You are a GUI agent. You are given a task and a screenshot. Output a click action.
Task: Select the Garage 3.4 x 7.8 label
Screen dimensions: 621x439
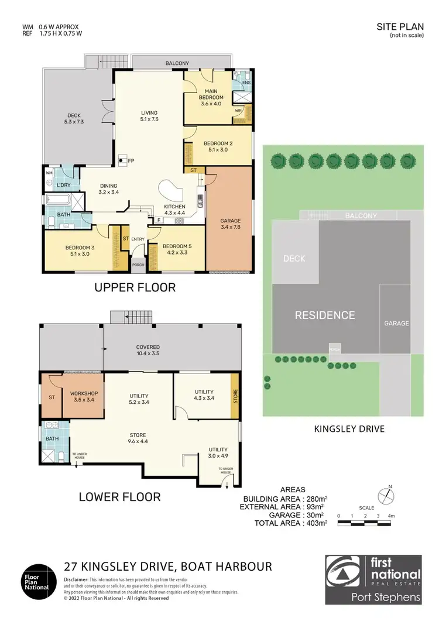pyautogui.click(x=230, y=224)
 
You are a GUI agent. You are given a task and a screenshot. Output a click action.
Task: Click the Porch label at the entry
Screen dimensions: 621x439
pyautogui.click(x=139, y=264)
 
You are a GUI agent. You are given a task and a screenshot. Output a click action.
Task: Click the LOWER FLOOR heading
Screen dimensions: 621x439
pyautogui.click(x=119, y=497)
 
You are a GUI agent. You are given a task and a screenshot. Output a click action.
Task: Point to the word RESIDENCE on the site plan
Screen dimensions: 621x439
pyautogui.click(x=325, y=315)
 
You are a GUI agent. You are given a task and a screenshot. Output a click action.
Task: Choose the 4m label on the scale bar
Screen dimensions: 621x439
pyautogui.click(x=391, y=516)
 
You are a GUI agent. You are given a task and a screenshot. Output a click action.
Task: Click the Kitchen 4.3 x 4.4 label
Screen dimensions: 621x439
pyautogui.click(x=174, y=210)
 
